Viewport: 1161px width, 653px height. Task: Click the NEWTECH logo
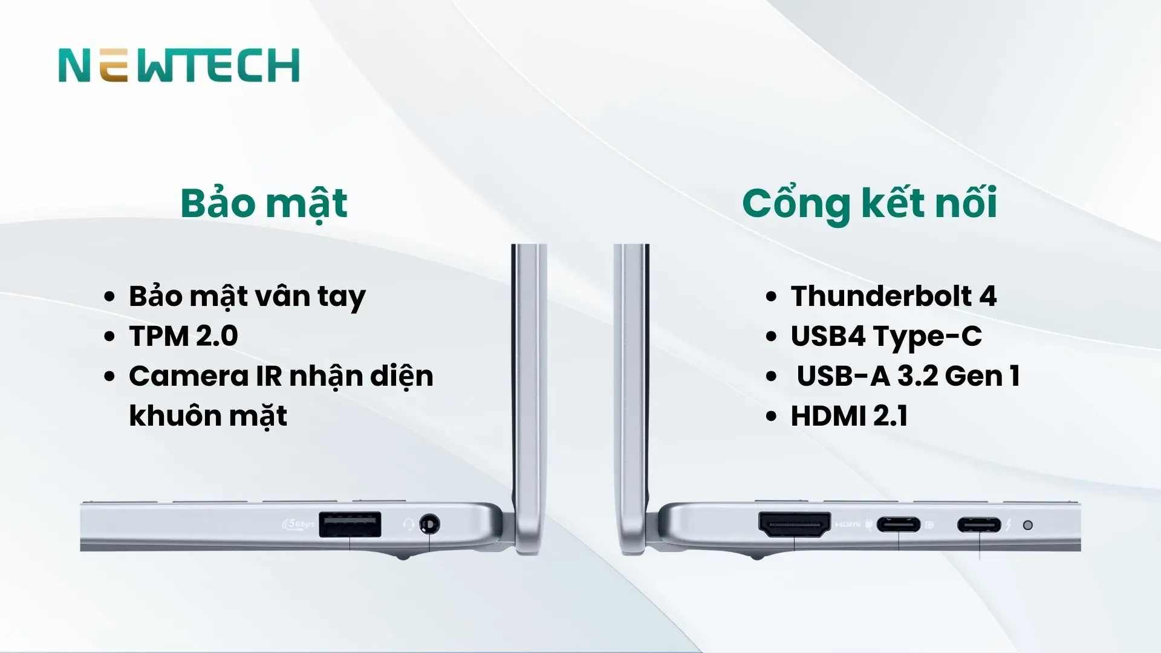tap(179, 65)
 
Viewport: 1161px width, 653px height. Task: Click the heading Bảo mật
tap(264, 203)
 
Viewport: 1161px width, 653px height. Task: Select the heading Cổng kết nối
tap(870, 203)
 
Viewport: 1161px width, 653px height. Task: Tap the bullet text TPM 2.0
tap(183, 336)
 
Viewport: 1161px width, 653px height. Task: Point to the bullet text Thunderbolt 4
tap(893, 296)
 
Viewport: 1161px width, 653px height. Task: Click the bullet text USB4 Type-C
tap(886, 336)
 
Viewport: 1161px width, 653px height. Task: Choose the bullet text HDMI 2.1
tap(849, 416)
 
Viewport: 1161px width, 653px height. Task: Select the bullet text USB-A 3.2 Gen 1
tap(908, 376)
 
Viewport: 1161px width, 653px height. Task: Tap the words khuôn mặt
tap(208, 416)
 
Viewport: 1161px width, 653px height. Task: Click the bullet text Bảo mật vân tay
tap(247, 296)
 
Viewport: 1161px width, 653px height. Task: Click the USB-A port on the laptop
tap(350, 524)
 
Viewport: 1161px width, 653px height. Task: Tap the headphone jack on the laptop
tap(429, 524)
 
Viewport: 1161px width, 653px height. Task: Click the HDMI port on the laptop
tap(795, 524)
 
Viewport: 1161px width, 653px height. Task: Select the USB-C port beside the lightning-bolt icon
tap(979, 524)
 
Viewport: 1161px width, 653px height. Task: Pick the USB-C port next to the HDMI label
tap(899, 524)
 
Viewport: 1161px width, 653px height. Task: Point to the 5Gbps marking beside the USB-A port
tap(299, 524)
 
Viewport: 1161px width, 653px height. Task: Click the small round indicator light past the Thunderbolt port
tap(1027, 525)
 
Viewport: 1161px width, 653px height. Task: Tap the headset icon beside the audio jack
tap(409, 524)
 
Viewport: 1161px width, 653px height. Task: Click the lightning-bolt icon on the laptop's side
tap(1008, 525)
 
